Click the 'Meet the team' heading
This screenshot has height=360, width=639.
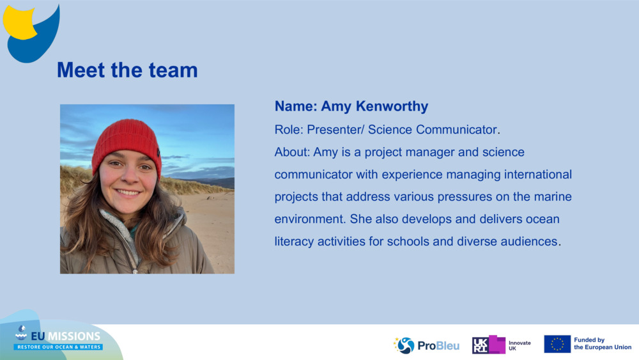tap(127, 70)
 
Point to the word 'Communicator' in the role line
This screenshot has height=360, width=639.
tap(456, 129)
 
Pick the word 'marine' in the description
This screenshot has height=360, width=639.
tap(552, 196)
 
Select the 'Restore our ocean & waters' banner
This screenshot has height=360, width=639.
tap(58, 347)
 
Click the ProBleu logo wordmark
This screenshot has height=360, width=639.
tap(438, 346)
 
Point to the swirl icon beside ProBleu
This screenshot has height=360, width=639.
tap(404, 345)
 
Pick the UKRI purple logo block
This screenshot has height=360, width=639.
tap(489, 345)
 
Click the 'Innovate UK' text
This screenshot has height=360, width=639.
tap(520, 345)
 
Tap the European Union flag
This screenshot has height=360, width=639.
tap(557, 344)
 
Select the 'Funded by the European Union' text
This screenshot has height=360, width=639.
tap(603, 344)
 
